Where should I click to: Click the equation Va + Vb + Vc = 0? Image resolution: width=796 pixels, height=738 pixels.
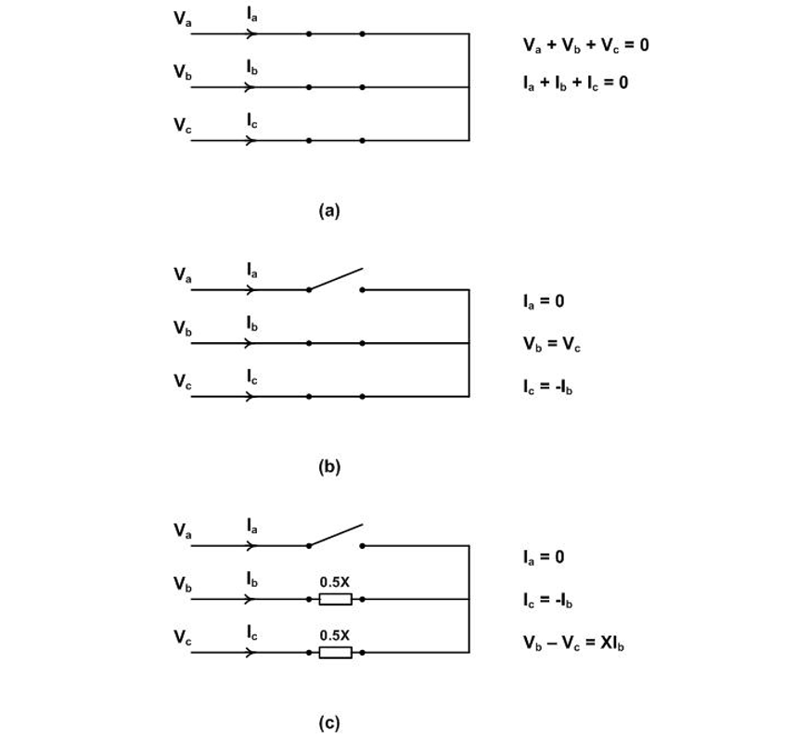585,45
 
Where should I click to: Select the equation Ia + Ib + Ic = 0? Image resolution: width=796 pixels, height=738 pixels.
575,83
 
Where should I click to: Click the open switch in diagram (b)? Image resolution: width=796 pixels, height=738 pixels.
335,279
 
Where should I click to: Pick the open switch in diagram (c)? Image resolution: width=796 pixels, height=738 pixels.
335,536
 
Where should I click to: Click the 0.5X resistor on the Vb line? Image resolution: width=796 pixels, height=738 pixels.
335,599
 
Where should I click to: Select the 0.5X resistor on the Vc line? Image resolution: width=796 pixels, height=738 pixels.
335,653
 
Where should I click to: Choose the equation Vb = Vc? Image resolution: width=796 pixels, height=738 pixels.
552,344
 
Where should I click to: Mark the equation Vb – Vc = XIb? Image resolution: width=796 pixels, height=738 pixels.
572,643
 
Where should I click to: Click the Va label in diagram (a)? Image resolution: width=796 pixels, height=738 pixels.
183,19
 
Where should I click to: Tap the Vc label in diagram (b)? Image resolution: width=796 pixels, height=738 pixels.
183,381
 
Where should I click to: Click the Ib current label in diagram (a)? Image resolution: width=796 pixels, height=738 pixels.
252,68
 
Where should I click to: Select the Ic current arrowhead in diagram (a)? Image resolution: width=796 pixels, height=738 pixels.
249,141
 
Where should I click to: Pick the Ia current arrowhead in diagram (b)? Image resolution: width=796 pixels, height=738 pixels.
249,289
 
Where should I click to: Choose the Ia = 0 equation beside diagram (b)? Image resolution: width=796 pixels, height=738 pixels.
543,301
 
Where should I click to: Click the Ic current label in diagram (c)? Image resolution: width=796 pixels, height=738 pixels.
252,633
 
